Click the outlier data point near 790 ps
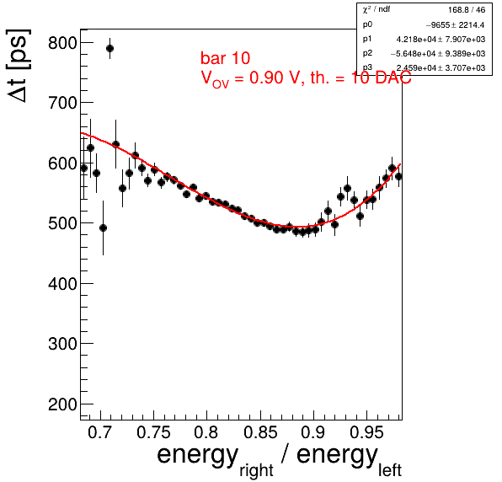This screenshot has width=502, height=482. point(109,49)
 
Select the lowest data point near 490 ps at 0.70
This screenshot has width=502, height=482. point(103,228)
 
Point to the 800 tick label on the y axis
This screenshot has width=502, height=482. point(62,43)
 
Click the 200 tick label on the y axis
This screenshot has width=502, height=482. point(62,404)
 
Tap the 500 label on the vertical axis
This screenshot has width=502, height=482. point(62,223)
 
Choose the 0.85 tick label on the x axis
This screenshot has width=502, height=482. point(260,432)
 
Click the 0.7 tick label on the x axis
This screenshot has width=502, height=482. point(100,432)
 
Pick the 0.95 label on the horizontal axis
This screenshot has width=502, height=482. point(366,432)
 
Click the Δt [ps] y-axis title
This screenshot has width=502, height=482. point(19,66)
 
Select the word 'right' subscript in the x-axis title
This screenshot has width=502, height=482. point(256,470)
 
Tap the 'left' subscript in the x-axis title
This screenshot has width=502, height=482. point(390,470)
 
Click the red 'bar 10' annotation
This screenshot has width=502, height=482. point(226,58)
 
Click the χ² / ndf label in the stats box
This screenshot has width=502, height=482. point(376,9)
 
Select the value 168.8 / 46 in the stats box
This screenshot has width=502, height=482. point(467,10)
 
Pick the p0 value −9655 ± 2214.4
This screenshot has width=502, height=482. point(455,25)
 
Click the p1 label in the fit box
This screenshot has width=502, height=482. point(367,39)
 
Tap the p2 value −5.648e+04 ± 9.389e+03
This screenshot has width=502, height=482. point(438,53)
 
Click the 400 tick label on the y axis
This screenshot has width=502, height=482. point(62,284)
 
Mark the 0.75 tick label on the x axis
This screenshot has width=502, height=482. point(153,432)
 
